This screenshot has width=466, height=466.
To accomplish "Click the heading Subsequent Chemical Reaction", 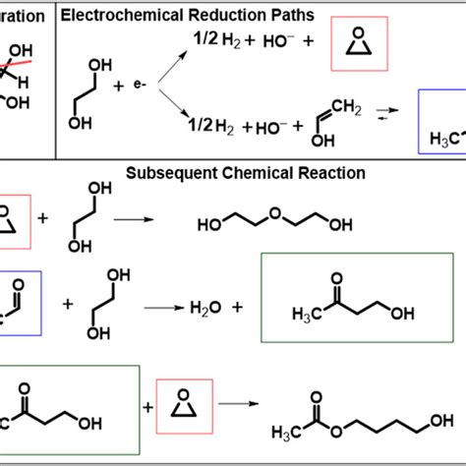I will pos(246,173).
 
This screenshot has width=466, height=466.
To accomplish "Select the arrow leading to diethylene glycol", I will pos(134,219).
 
